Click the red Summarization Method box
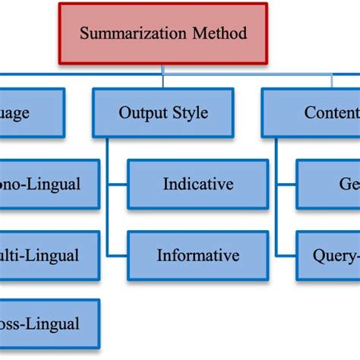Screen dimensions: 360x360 tap(163, 33)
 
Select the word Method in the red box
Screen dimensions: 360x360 tap(222, 34)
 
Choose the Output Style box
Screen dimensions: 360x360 tap(163, 113)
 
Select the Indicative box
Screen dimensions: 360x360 tap(197, 184)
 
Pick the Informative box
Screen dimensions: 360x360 tap(197, 255)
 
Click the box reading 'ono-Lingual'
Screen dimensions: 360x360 tap(49, 184)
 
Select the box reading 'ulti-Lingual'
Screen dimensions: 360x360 tap(49, 255)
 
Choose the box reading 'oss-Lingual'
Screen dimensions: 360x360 tap(49, 324)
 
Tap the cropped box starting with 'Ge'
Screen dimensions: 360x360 tap(328, 184)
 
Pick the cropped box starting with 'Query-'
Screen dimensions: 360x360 tap(328, 255)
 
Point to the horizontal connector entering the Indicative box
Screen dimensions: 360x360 tap(117, 184)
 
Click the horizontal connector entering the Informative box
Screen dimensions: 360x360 tap(117, 255)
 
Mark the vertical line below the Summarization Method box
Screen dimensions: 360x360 tap(163, 69)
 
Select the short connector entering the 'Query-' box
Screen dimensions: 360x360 tap(286, 255)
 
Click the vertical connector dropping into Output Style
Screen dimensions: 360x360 tap(163, 81)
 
